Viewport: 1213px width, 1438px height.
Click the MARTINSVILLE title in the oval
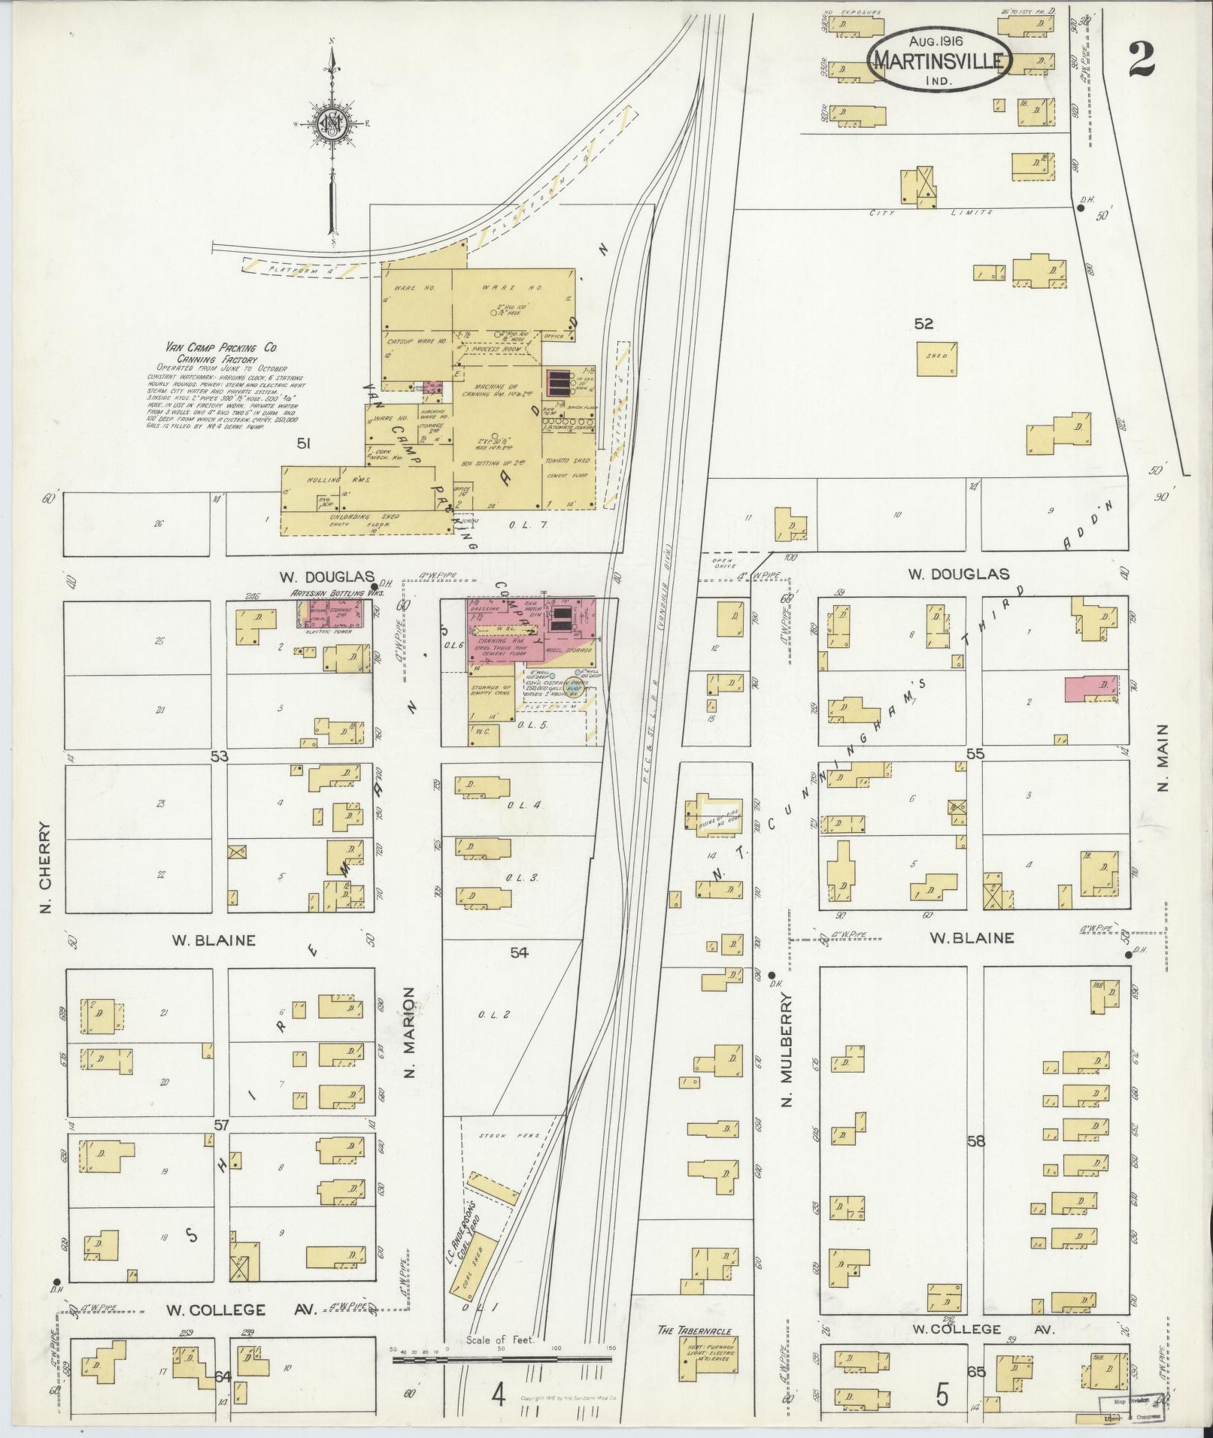pos(939,62)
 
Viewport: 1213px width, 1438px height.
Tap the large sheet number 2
pos(1140,59)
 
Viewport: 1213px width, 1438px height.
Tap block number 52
pos(923,324)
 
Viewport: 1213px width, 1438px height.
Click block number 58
pos(976,1141)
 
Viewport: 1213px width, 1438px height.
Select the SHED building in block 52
pos(937,359)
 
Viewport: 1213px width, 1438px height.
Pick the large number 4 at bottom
pos(499,1396)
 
